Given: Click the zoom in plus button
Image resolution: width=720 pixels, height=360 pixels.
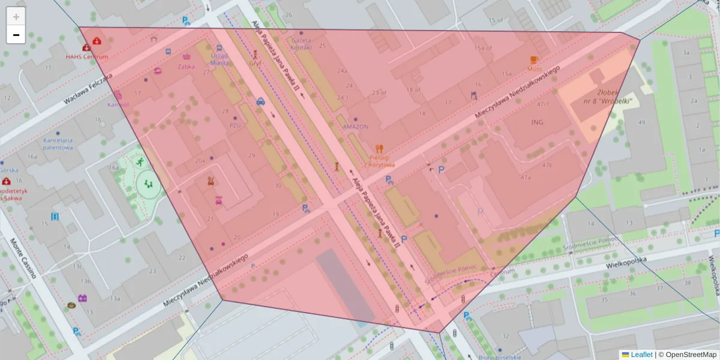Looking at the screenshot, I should point(16,17).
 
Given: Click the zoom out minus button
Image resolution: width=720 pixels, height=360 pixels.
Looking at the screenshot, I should point(16,35).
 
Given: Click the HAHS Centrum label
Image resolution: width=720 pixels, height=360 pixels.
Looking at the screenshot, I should point(87,57).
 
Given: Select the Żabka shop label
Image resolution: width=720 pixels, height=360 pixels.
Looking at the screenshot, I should point(186,67).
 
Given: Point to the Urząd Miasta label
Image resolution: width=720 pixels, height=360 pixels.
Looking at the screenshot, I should point(220,59).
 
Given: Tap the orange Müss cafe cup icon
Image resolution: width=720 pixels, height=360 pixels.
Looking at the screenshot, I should point(534,59).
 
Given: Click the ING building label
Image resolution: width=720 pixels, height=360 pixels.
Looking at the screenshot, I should point(536,123).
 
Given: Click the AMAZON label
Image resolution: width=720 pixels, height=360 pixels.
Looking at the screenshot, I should point(355,127).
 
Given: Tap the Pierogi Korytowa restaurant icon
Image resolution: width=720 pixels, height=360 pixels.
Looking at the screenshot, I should point(379,148).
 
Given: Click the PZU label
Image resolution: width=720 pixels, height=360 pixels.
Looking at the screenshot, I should point(235,125).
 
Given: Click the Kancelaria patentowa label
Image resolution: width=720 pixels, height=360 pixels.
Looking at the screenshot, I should point(58,143).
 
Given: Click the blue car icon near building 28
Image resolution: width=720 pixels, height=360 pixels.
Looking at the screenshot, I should point(260,101).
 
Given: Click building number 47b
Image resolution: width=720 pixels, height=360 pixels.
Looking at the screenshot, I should point(547,164).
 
